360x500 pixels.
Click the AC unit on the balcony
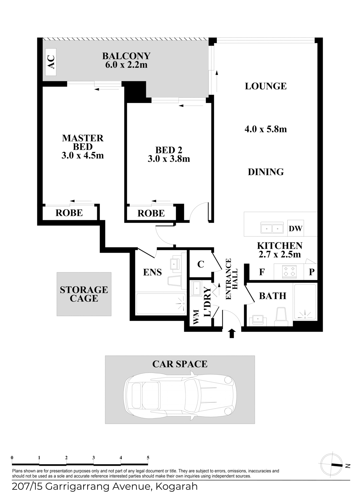point(51,62)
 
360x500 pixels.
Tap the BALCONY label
point(126,56)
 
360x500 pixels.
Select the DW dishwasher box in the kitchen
point(295,228)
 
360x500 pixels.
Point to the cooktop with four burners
point(289,272)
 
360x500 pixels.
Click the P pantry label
point(312,272)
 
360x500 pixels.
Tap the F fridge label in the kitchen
point(262,272)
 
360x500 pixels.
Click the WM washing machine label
point(196,317)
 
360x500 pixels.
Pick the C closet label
point(200,264)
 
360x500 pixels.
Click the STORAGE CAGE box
point(84,294)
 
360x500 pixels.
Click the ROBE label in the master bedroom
point(69,213)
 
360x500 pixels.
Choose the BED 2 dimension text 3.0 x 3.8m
point(169,159)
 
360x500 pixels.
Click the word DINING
point(266,172)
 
